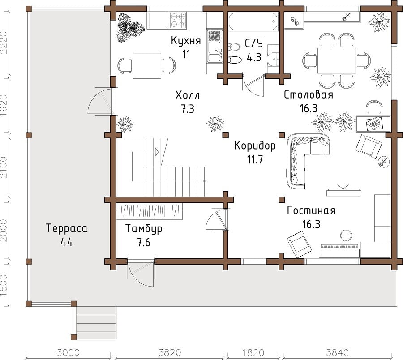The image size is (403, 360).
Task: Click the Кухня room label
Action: (186, 41)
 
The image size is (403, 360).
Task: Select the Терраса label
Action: (67, 228)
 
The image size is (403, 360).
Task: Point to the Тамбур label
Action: (143, 229)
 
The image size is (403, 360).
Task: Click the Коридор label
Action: (255, 146)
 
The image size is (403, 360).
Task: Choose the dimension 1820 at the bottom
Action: (253, 352)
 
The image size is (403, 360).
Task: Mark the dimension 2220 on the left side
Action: (5, 43)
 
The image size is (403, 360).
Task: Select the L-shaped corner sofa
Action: (304, 157)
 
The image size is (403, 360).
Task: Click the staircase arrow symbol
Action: (156, 152)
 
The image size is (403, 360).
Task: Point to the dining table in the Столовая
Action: (337, 60)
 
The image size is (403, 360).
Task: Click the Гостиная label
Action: (311, 211)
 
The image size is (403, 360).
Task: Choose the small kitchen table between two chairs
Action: (147, 65)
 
